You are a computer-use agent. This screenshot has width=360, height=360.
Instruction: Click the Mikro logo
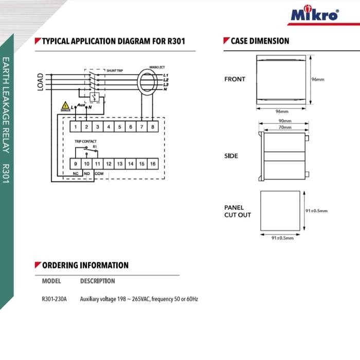(x=315, y=14)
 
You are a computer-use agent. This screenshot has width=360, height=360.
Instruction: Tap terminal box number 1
(x=76, y=127)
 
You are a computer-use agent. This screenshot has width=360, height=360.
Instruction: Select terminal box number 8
(x=152, y=127)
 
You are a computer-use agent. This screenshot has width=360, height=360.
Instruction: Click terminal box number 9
(x=76, y=164)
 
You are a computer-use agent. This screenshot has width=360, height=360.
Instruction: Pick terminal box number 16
(x=153, y=164)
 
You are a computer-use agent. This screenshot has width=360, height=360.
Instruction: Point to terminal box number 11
(x=98, y=164)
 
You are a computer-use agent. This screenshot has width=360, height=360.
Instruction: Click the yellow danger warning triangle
(x=65, y=105)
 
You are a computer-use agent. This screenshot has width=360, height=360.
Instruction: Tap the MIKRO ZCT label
(x=157, y=67)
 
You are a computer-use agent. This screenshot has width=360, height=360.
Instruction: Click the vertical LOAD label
(x=40, y=82)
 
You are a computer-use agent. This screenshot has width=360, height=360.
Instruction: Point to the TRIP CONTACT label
(x=85, y=141)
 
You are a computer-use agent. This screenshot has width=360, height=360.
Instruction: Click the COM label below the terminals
(x=99, y=174)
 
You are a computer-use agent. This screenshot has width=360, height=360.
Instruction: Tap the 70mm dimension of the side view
(x=284, y=127)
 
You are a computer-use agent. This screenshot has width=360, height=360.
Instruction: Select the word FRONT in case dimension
(x=235, y=79)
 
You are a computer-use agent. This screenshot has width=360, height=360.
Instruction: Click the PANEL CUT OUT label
(x=237, y=211)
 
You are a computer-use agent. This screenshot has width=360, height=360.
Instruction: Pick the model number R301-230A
(x=54, y=299)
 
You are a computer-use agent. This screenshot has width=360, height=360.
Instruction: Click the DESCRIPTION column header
(x=98, y=281)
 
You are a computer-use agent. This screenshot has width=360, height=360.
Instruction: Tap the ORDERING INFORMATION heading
(x=85, y=265)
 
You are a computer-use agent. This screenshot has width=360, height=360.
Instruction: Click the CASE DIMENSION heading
(x=260, y=41)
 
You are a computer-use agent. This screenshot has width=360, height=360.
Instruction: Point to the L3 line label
(x=166, y=84)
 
